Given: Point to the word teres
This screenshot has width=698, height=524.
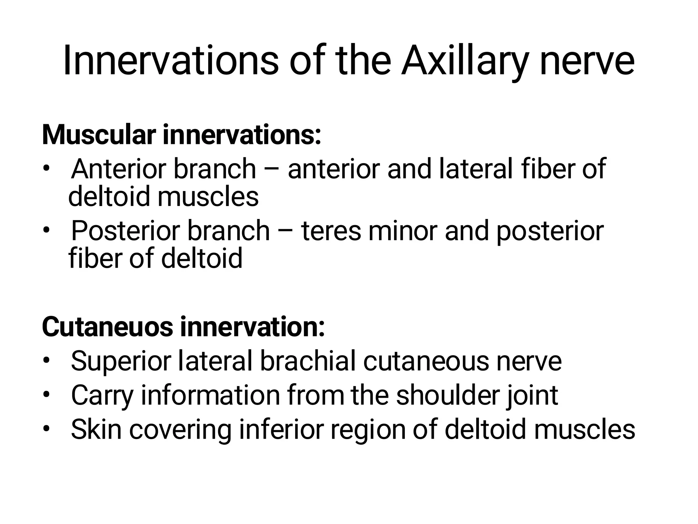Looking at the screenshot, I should coord(331,231).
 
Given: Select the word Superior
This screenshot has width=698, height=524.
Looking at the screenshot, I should coord(121,361).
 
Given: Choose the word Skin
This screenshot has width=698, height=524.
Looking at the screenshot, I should coord(96,429).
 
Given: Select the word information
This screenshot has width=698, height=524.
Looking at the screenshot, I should coord(210,395).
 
